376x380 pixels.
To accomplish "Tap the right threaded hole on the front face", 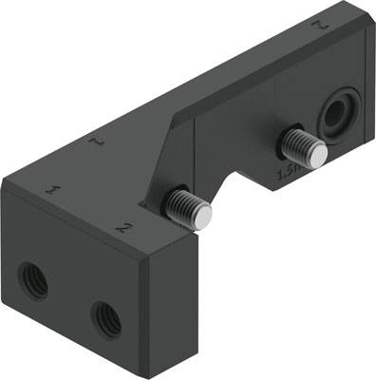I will (x=106, y=318).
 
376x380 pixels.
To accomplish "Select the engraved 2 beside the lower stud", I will (x=122, y=228).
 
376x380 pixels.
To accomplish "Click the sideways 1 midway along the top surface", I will (x=95, y=142).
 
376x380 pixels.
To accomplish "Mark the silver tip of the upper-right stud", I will (x=318, y=156).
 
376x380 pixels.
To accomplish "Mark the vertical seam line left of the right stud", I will (x=197, y=157).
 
